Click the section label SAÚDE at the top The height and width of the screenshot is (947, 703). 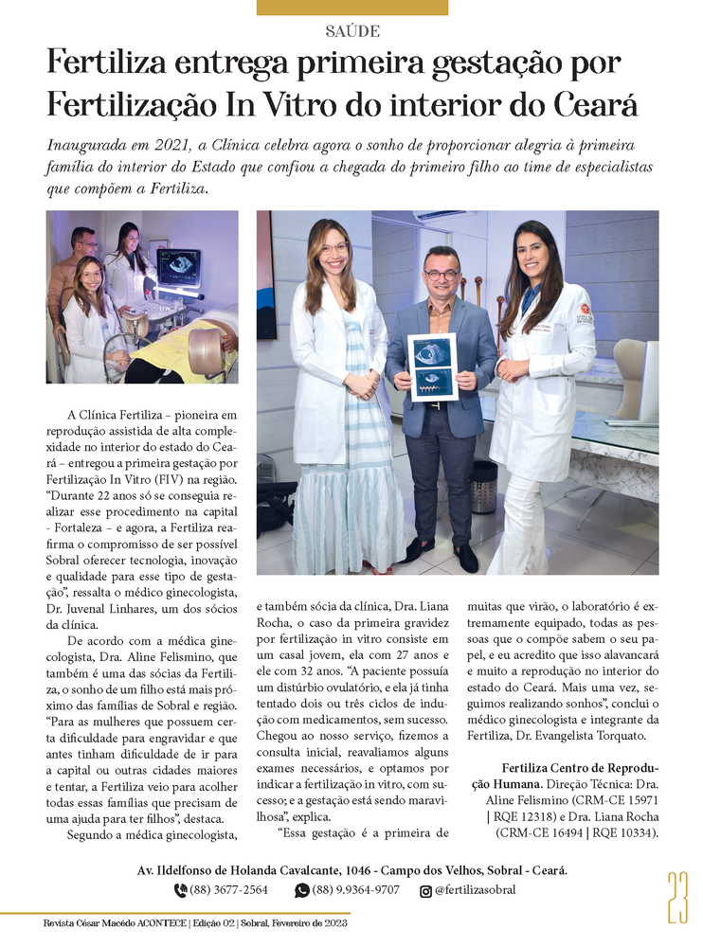coord(351,31)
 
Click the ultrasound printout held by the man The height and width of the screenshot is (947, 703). coord(432,366)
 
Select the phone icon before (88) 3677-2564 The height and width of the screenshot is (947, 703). coord(180,890)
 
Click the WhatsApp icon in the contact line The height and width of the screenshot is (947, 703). coord(302,890)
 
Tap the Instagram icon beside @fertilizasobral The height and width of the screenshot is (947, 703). coord(425,890)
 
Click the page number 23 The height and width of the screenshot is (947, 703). coord(676,897)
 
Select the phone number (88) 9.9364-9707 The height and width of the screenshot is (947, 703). coord(355,890)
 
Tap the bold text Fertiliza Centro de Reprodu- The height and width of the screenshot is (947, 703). coord(580,768)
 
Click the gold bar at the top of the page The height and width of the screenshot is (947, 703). coord(352,8)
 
